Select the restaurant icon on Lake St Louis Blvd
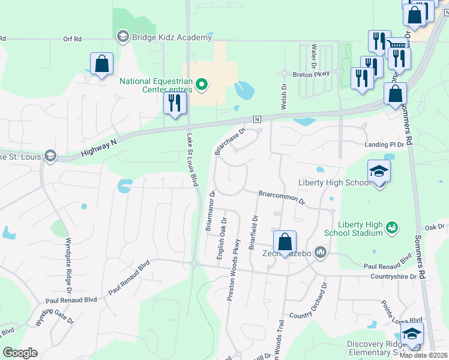(x=175, y=103)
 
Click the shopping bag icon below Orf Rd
(x=102, y=64)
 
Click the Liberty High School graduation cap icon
(x=379, y=172)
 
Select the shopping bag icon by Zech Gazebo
(x=285, y=242)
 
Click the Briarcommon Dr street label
(x=282, y=198)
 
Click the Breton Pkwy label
(x=311, y=74)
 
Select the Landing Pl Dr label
(x=385, y=145)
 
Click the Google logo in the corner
(x=20, y=353)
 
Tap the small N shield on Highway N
(x=258, y=119)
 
